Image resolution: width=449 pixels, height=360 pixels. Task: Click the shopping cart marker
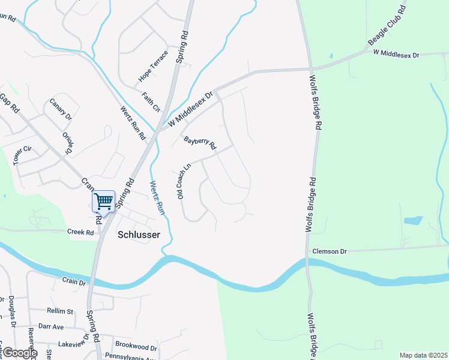tap(103, 202)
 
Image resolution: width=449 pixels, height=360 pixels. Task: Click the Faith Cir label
tap(151, 101)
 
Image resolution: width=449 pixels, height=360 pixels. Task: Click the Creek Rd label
tap(81, 232)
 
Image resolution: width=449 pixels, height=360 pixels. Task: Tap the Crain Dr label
tap(74, 281)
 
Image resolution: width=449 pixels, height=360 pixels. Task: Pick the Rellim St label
tap(59, 311)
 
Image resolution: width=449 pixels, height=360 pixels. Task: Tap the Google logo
tap(19, 353)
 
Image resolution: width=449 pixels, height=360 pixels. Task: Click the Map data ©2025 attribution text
tap(423, 355)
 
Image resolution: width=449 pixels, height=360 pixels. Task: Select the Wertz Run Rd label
tap(133, 123)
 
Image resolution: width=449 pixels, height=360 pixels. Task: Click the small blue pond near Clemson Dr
tap(413, 221)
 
